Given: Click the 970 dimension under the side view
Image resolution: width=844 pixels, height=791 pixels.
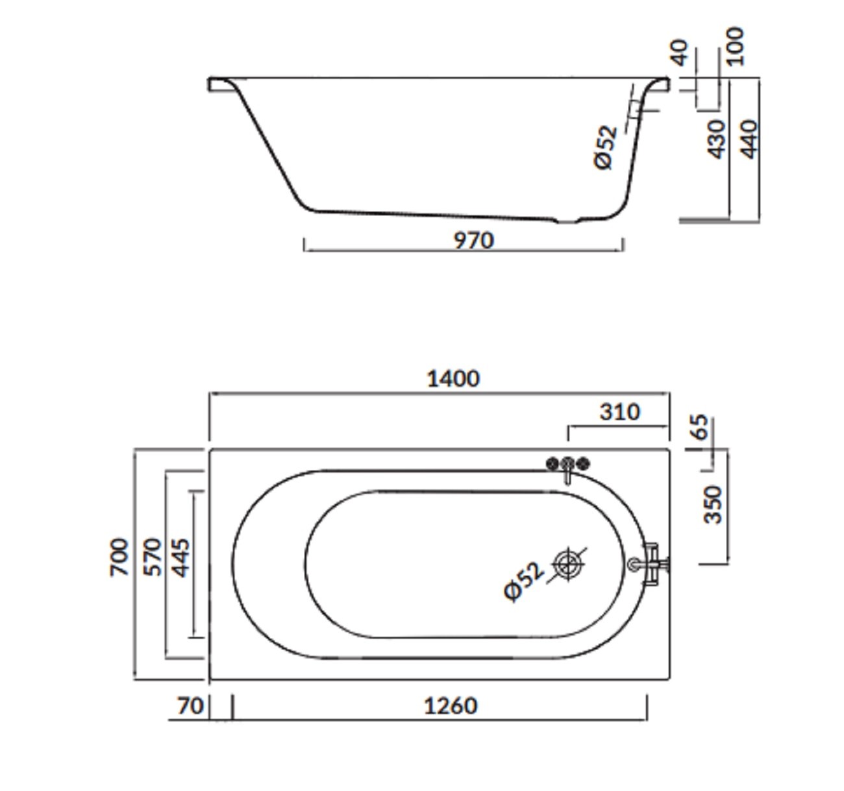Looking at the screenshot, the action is pos(474,241).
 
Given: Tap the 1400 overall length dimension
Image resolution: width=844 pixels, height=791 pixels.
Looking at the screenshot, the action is pos(453,379).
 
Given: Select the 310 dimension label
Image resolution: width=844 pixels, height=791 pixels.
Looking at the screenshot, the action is pos(619,412).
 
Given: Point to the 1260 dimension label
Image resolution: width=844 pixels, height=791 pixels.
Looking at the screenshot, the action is pos(451,706).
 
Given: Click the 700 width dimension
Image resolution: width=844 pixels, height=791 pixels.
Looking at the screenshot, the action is pos(119,557).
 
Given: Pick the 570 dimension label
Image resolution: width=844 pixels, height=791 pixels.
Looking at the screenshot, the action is pos(153,557).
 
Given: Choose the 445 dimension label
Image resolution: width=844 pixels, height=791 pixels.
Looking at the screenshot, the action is pos(182,558).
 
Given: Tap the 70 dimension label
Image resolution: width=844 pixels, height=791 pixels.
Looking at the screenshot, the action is pos(190,706).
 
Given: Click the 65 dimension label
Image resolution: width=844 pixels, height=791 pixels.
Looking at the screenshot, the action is pos(701,427).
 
